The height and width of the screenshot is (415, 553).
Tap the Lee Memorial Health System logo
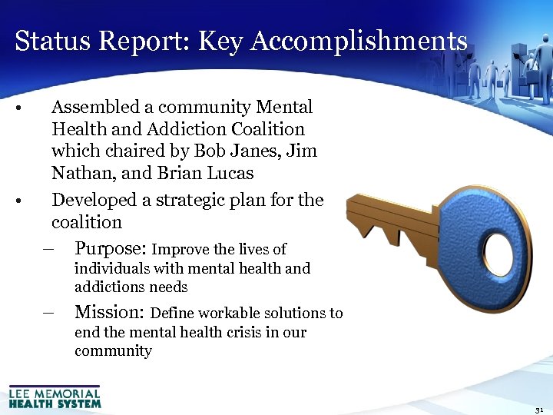tap(55, 397)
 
